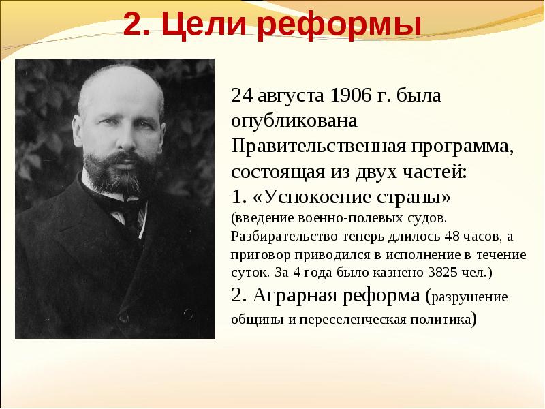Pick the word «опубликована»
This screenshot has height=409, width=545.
[294, 122]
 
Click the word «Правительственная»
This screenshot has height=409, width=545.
[318, 147]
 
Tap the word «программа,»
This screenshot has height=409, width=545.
[463, 148]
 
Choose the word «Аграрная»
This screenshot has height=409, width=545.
[295, 296]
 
